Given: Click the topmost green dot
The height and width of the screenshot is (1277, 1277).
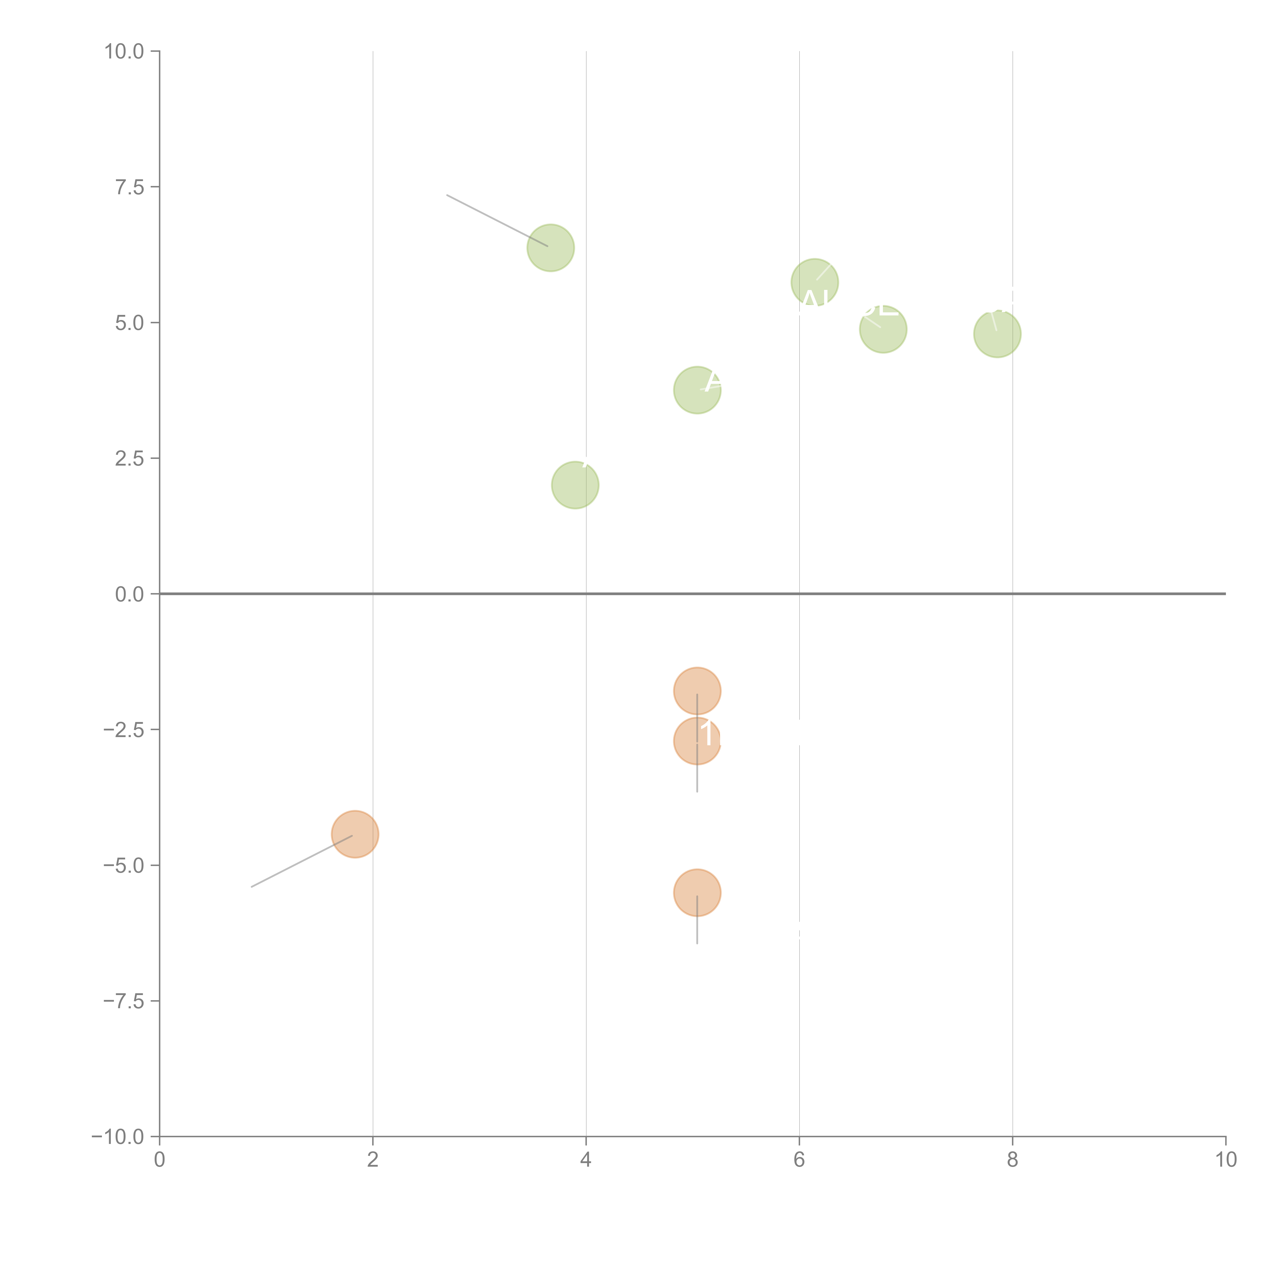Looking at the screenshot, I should pos(551,248).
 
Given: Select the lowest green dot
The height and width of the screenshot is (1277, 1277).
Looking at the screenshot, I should pos(575,485).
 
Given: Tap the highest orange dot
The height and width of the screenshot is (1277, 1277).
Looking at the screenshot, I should pos(697,691).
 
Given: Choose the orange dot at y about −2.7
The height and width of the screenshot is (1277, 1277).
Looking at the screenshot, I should pos(697,741).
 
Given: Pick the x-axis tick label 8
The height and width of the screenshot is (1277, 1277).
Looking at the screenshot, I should pos(1013,1160).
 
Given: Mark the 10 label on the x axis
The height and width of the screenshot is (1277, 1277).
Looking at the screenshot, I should pos(1225,1160).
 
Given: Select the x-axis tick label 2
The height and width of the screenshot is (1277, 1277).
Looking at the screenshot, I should pos(373,1160).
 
